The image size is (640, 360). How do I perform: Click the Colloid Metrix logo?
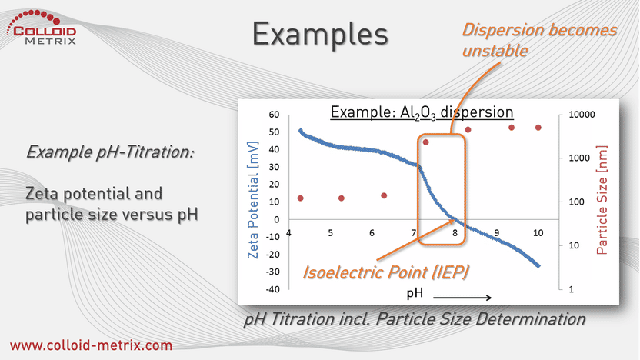pyautogui.click(x=42, y=28)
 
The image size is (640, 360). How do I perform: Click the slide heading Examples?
pyautogui.click(x=320, y=35)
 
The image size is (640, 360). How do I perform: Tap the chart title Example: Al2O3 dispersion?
pyautogui.click(x=422, y=112)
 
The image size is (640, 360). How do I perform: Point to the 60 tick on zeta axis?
pyautogui.click(x=274, y=115)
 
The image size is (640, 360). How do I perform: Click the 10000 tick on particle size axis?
pyautogui.click(x=582, y=115)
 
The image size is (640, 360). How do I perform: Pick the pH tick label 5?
pyautogui.click(x=330, y=233)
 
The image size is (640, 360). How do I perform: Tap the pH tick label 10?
pyautogui.click(x=538, y=233)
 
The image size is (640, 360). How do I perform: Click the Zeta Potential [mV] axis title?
pyautogui.click(x=253, y=200)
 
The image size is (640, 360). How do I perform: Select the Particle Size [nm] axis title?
pyautogui.click(x=602, y=200)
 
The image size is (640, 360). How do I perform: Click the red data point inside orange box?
pyautogui.click(x=425, y=142)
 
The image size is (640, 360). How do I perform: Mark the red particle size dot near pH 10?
pyautogui.click(x=538, y=128)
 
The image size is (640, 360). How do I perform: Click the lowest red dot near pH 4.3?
pyautogui.click(x=301, y=198)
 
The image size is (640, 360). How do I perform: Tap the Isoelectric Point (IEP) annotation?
pyautogui.click(x=385, y=272)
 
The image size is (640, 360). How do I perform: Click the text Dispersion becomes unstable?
pyautogui.click(x=539, y=41)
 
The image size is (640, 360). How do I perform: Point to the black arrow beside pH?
pyautogui.click(x=462, y=298)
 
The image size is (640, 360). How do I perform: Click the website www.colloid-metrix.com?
pyautogui.click(x=91, y=345)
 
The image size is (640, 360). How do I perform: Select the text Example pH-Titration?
pyautogui.click(x=110, y=152)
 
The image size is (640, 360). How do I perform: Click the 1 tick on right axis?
pyautogui.click(x=571, y=289)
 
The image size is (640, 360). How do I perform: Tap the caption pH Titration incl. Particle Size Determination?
pyautogui.click(x=415, y=319)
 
